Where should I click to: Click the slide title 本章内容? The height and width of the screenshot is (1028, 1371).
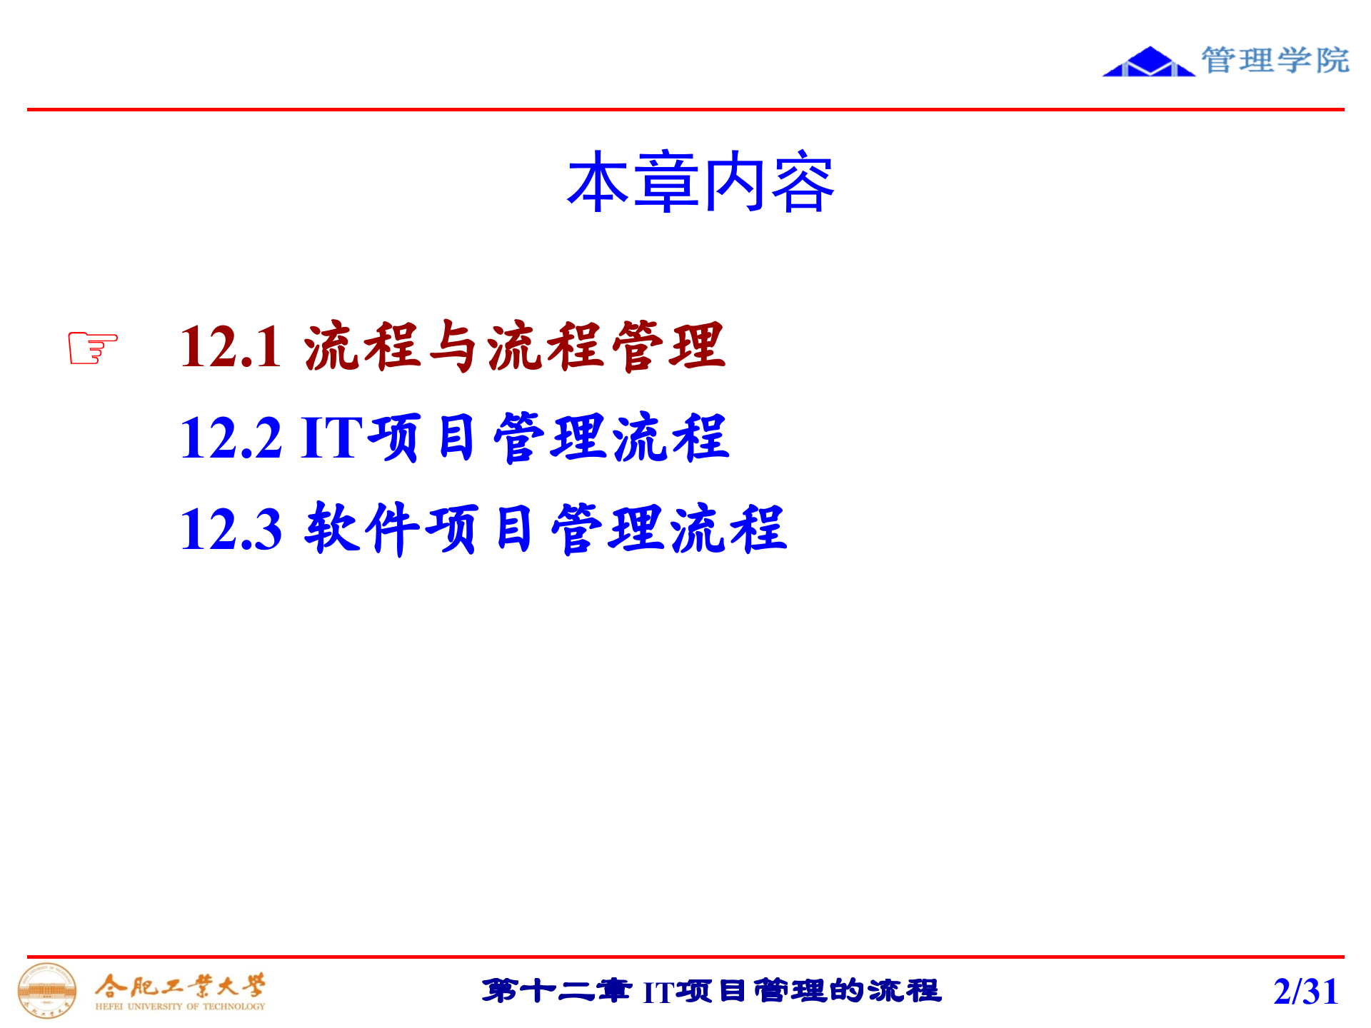[700, 183]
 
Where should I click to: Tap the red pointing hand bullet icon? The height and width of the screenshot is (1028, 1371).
[93, 348]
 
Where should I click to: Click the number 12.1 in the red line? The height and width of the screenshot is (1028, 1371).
[231, 348]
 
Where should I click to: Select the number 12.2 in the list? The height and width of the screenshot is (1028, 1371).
[231, 438]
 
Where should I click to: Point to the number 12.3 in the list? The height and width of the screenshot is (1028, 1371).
[231, 529]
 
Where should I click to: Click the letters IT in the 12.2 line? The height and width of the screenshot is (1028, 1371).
[331, 438]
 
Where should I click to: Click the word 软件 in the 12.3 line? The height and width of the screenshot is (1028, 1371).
[363, 528]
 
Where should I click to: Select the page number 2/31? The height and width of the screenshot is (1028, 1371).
[1305, 992]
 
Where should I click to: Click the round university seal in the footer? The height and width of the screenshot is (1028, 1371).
[47, 990]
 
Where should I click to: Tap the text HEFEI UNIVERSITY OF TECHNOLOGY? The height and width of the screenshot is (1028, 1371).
[180, 1007]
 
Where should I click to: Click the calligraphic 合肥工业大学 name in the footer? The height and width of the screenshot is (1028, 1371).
[180, 987]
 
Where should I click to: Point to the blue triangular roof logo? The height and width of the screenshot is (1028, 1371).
[1147, 63]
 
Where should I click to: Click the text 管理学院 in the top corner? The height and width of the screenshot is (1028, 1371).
[1275, 60]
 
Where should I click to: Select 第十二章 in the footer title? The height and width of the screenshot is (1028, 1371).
[556, 991]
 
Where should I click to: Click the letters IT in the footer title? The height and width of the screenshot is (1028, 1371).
[658, 992]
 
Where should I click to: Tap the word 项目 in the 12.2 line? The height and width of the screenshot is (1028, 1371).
[421, 438]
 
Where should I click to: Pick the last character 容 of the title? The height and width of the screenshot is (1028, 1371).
[803, 183]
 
